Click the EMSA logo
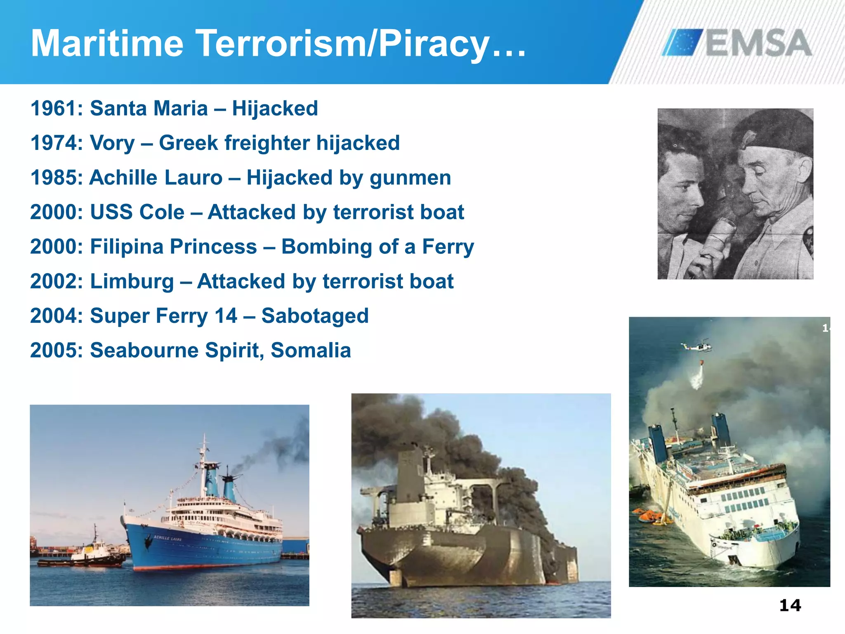(736, 42)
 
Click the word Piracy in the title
(433, 44)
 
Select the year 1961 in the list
(53, 109)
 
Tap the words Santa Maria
(149, 109)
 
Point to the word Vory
(112, 143)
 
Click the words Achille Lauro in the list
(156, 178)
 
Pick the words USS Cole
(137, 212)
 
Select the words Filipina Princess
(173, 247)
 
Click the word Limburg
(132, 282)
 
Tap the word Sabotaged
(315, 316)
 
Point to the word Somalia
(311, 350)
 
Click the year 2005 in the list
(53, 350)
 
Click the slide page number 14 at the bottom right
(790, 606)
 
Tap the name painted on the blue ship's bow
(168, 538)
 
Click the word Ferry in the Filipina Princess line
(448, 247)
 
